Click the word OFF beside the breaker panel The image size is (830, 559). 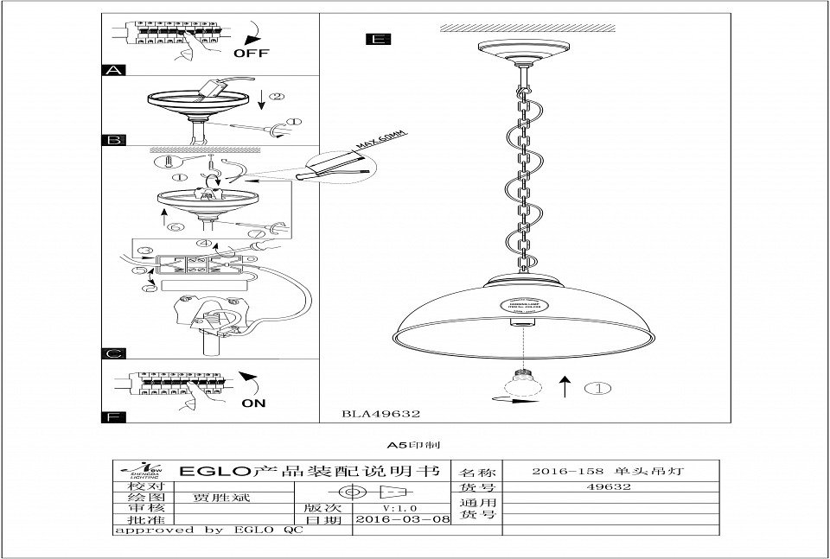coord(252,53)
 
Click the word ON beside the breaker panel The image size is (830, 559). coord(254,403)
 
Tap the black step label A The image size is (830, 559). coord(114,70)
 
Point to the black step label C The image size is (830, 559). coord(114,353)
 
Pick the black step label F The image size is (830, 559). coord(114,417)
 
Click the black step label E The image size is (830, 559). coord(378,39)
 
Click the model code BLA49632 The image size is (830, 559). coord(381,414)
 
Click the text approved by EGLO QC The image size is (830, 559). coord(208,530)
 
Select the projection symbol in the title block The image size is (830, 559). coord(367,492)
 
